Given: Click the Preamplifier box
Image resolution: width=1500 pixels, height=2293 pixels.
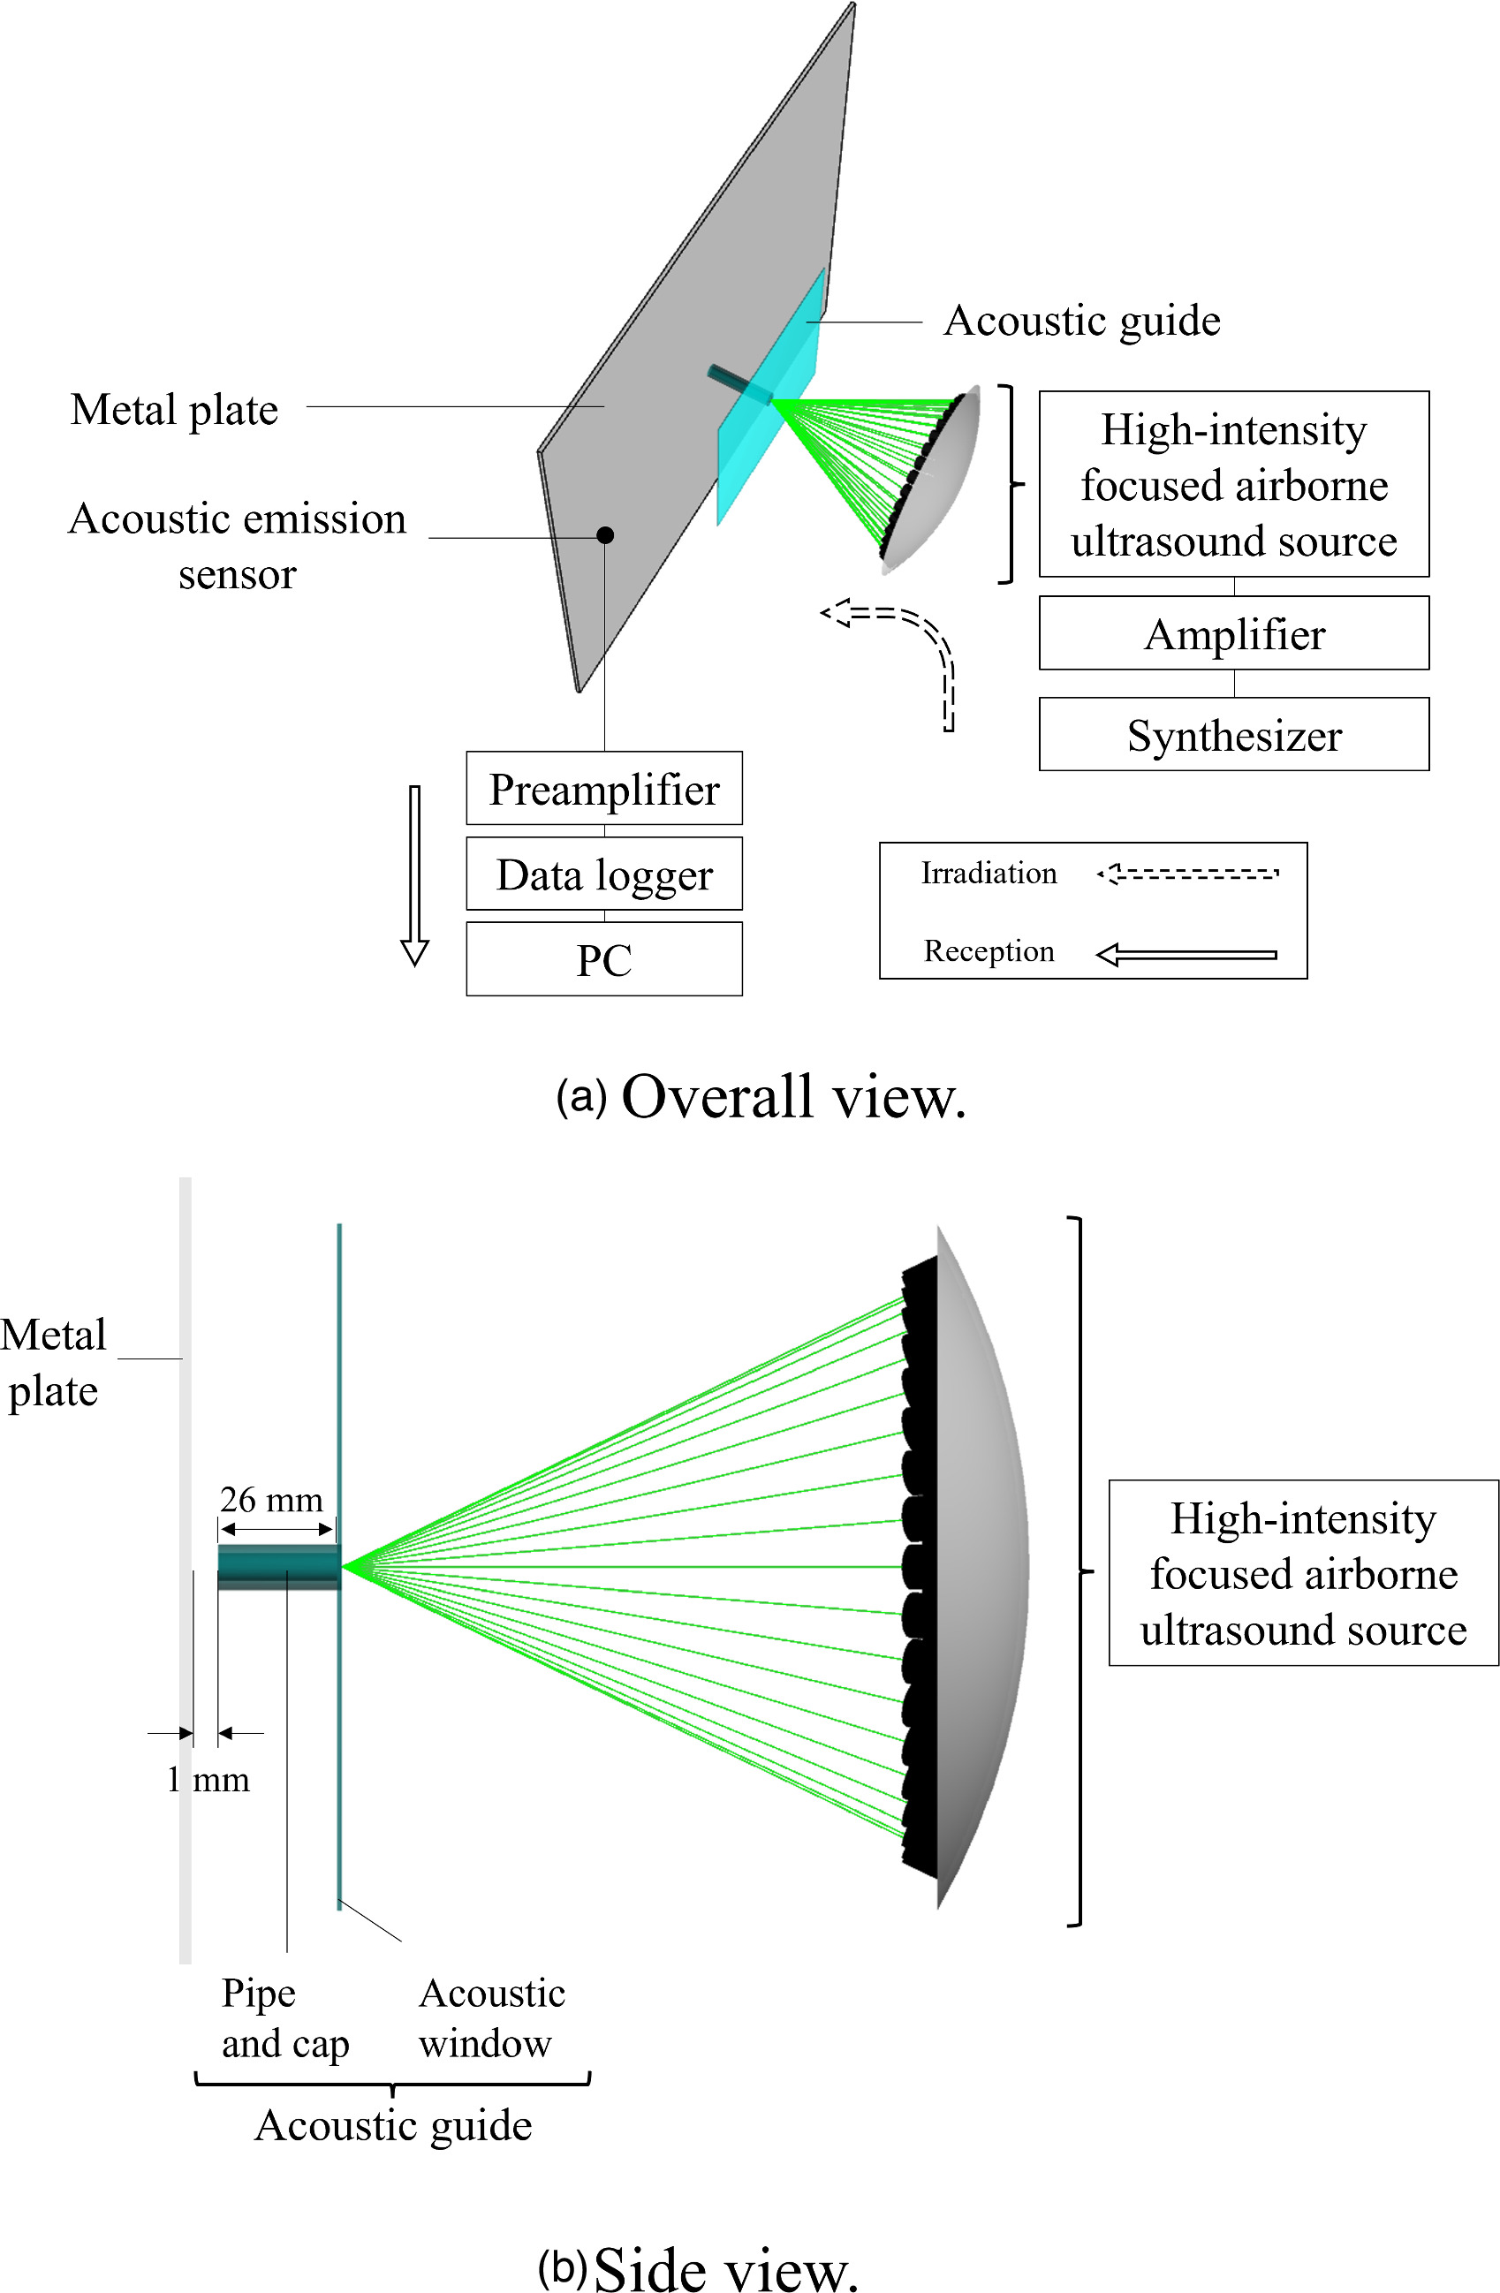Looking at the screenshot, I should click(x=604, y=788).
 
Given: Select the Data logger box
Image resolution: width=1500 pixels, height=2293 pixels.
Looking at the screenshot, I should click(x=604, y=874).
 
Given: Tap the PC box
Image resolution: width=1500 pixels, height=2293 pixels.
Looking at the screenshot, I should click(x=604, y=958).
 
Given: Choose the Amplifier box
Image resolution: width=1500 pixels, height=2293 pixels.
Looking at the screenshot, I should click(x=1233, y=633).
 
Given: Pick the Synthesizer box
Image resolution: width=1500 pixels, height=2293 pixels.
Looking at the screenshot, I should click(x=1233, y=734).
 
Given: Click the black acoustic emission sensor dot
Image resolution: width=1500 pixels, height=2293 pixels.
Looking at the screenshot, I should click(x=605, y=534).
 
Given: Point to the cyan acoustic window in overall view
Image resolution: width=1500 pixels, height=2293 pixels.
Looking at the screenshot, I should click(x=769, y=434).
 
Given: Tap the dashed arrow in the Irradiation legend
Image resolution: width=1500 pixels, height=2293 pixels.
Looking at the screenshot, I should click(x=1187, y=874).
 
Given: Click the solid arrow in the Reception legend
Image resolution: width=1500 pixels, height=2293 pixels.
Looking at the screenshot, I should click(x=1187, y=955).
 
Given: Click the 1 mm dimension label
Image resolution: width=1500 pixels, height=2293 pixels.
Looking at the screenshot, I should click(x=208, y=1780).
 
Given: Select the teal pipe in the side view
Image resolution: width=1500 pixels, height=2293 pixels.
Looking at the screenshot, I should click(x=278, y=1567).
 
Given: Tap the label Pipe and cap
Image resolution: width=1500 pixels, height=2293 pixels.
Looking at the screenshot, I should click(x=284, y=2017).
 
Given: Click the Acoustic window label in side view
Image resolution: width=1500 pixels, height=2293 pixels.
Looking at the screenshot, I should click(x=491, y=2017).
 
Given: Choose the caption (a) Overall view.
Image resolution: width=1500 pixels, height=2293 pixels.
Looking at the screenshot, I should click(x=761, y=1096).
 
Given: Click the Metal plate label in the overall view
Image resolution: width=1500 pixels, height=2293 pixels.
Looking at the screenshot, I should click(x=174, y=410).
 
